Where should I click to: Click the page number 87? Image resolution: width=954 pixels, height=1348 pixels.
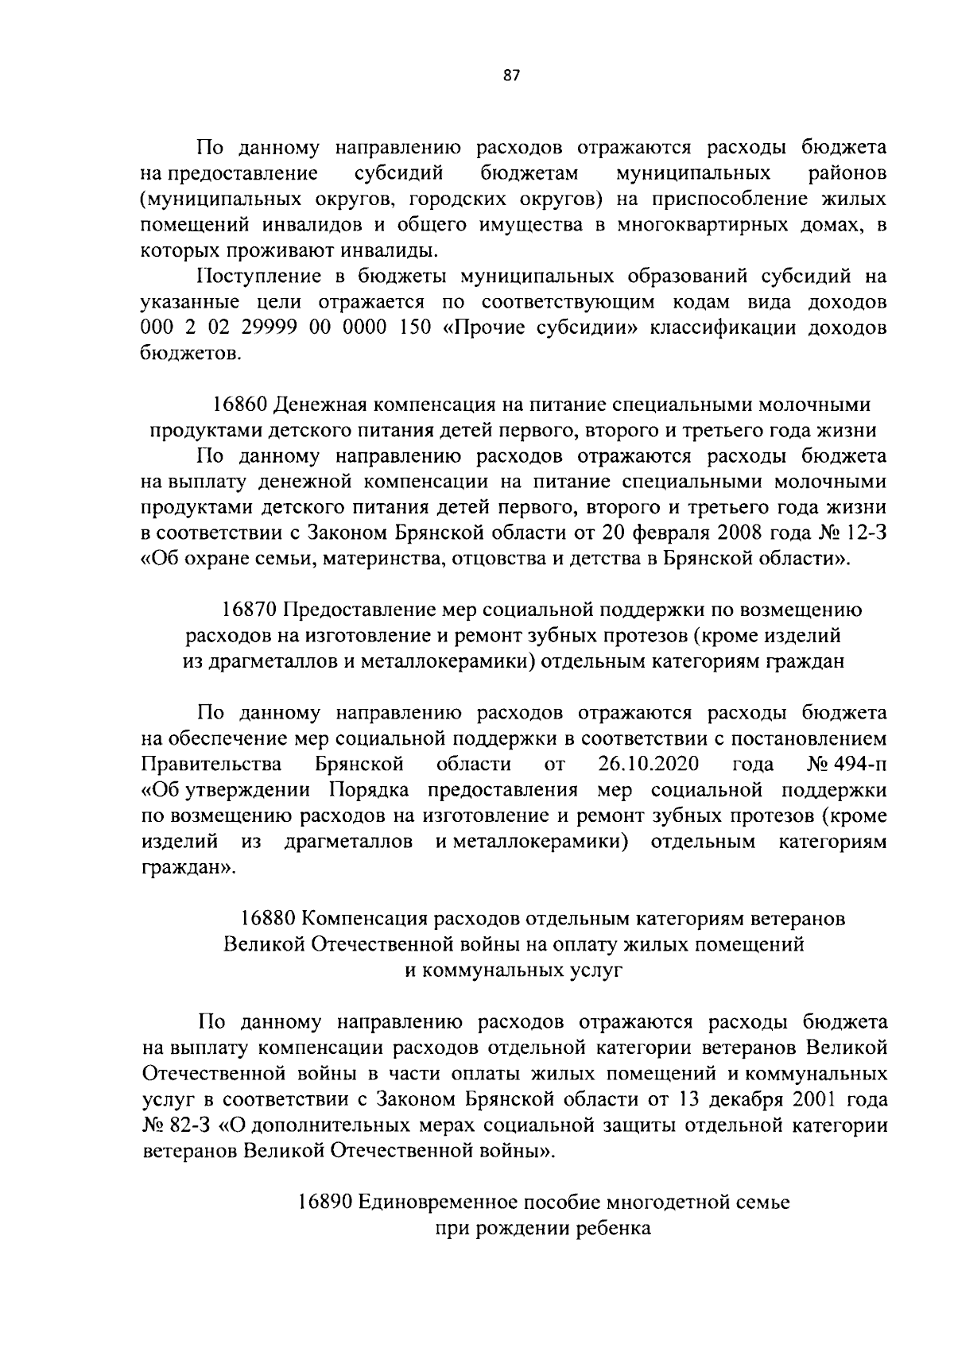coord(511,76)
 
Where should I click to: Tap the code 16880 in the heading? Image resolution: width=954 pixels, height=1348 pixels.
coord(269,919)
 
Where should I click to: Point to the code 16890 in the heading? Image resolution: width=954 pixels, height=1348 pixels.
coord(325,1202)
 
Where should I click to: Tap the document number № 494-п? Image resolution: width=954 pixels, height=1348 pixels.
coord(847,765)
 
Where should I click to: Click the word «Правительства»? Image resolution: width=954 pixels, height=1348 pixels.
coord(211,765)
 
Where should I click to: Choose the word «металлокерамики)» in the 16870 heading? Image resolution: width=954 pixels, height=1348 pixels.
coord(451,662)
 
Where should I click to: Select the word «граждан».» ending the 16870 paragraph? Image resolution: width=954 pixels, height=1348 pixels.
coord(188,868)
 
